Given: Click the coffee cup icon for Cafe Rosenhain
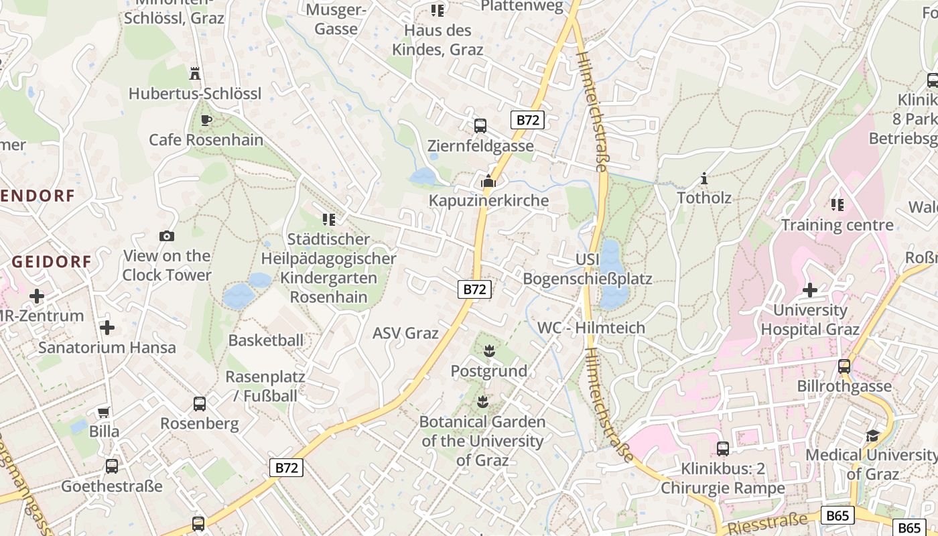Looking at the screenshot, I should [x=206, y=121].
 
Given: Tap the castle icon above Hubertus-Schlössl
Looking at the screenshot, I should [x=195, y=73].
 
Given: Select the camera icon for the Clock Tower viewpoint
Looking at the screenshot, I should [x=167, y=236].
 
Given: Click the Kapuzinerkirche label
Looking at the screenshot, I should [x=488, y=200].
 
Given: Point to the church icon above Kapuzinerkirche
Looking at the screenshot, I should [x=488, y=181].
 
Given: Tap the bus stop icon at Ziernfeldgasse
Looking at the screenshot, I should [x=480, y=125].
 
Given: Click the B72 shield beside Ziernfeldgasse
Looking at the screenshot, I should [x=527, y=120].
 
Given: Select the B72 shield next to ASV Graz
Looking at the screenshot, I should [x=474, y=289].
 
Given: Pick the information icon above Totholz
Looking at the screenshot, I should [x=703, y=178].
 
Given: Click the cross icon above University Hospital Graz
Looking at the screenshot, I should [x=809, y=290].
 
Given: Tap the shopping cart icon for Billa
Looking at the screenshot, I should [x=103, y=412].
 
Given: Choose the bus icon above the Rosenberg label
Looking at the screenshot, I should [x=199, y=404].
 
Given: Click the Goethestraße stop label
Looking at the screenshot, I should [x=112, y=486].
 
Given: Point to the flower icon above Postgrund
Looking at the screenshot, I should [x=488, y=350].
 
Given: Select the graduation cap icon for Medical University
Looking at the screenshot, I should [x=872, y=435].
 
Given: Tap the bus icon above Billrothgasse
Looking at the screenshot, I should [x=844, y=366].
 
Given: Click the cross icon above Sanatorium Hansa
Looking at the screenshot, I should [x=107, y=328].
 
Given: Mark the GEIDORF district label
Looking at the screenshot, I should [x=51, y=262].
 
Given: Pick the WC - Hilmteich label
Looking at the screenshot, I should [x=592, y=328].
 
